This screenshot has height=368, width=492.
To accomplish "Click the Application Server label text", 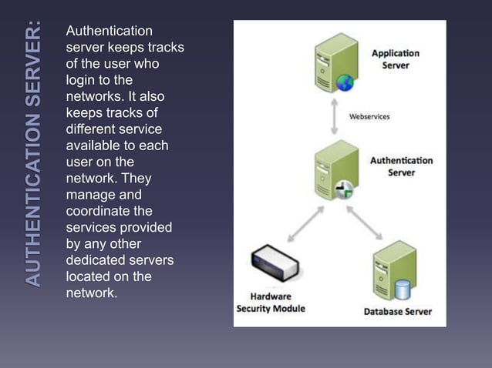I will (x=395, y=59).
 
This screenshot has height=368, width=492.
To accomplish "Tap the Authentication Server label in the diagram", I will (x=401, y=166).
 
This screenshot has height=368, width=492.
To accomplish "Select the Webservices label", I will (x=369, y=117).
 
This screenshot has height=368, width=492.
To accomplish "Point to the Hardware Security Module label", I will (x=271, y=303).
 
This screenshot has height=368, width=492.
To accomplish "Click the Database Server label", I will (x=398, y=312).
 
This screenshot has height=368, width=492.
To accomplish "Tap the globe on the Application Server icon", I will (x=344, y=83).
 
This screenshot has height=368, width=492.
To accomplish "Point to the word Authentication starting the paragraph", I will (x=109, y=31).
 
